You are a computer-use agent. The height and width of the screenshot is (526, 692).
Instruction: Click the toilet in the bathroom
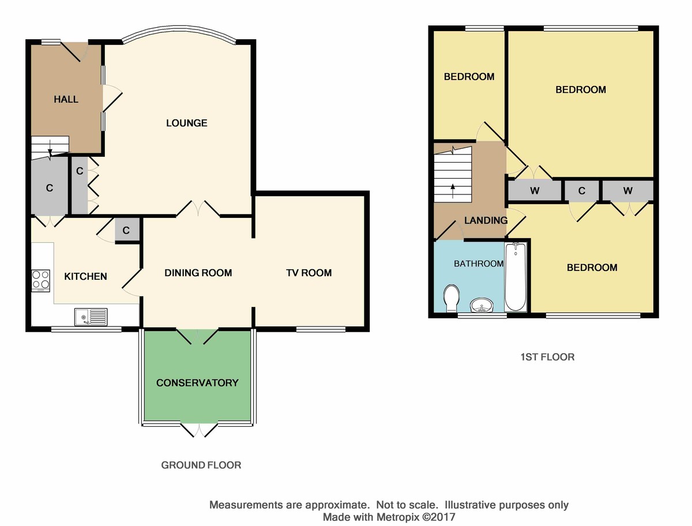click(451, 298)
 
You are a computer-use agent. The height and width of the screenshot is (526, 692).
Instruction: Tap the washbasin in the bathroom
click(482, 305)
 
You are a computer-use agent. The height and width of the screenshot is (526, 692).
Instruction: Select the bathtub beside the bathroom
click(516, 277)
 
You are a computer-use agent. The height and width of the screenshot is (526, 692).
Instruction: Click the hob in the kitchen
click(41, 280)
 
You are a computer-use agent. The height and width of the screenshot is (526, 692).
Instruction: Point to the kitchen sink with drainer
click(91, 317)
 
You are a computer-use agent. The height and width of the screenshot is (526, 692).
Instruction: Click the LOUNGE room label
click(187, 123)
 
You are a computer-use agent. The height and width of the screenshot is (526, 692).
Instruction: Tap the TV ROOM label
click(309, 273)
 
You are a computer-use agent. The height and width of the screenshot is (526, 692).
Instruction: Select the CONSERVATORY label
click(197, 382)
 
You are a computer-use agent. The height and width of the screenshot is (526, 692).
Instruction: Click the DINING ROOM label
click(198, 273)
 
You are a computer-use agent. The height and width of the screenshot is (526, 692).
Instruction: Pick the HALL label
click(66, 99)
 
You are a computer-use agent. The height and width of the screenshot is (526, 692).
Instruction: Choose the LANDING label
click(486, 220)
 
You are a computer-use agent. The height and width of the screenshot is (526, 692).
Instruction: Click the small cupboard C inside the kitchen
click(127, 230)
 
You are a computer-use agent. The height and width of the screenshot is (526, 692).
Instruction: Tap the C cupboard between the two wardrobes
click(582, 190)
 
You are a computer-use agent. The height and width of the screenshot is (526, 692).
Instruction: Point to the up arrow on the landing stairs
click(453, 191)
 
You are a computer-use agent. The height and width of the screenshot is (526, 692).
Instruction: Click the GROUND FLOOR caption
click(201, 465)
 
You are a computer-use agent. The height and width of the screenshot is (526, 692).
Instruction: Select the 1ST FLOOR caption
click(548, 357)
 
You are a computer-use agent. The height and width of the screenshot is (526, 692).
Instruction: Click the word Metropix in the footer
click(398, 517)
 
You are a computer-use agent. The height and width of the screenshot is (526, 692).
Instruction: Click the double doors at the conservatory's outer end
click(199, 430)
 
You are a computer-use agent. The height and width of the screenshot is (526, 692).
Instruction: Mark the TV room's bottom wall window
click(321, 329)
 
